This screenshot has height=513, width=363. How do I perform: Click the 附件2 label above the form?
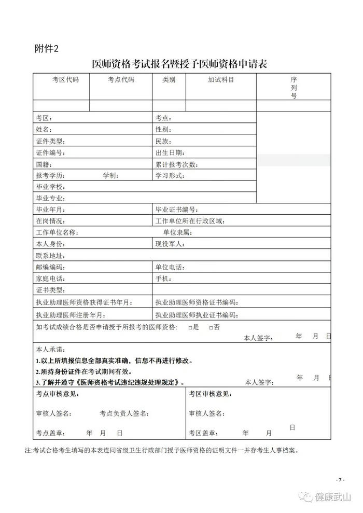pyautogui.click(x=45, y=49)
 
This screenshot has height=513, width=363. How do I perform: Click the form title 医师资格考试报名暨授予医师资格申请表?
pyautogui.click(x=182, y=64)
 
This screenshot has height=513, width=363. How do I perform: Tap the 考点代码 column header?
pyautogui.click(x=121, y=80)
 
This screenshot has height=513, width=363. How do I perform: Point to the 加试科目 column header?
pyautogui.click(x=221, y=80)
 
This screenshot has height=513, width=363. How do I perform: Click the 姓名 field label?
pyautogui.click(x=44, y=130)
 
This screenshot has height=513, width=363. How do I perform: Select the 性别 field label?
pyautogui.click(x=163, y=130)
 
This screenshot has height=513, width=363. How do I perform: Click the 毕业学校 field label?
pyautogui.click(x=50, y=187)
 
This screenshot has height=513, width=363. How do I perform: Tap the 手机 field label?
pyautogui.click(x=163, y=279)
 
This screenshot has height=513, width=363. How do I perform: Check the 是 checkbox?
pyautogui.click(x=190, y=328)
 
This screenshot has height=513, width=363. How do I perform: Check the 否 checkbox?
pyautogui.click(x=211, y=328)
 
